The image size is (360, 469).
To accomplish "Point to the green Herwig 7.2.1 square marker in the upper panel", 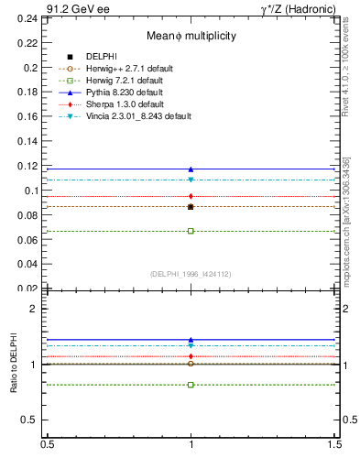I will [191, 231].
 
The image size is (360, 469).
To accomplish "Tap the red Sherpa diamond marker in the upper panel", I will [191, 196].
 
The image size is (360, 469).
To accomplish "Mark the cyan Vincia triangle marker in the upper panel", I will [191, 180].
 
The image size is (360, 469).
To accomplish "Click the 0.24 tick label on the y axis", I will [27, 18].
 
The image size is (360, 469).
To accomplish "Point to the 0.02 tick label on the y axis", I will [27, 289].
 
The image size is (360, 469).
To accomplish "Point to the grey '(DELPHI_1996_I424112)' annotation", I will [191, 274].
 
